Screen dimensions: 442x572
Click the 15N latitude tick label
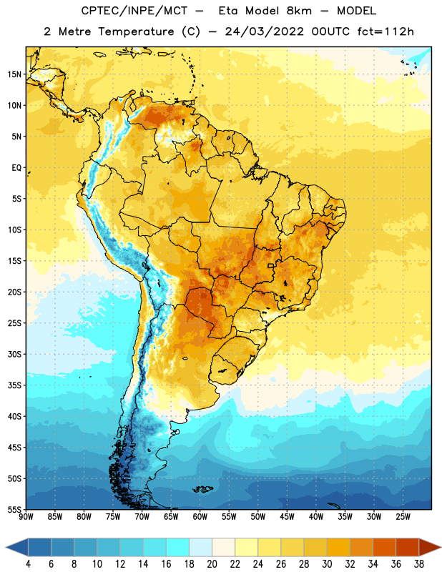pos(14,74)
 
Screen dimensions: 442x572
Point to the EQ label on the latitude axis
pos(16,168)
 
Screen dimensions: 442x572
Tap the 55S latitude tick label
pos(14,509)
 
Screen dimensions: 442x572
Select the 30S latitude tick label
pos(14,354)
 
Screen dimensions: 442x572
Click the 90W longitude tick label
pos(26,517)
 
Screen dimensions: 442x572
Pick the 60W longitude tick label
pos(200,517)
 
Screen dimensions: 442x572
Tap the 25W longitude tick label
pos(403,517)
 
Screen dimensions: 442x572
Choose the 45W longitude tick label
pos(288,517)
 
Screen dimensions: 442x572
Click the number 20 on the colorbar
pos(212,564)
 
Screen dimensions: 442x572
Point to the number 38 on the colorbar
pos(419,564)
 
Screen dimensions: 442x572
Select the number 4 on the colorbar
pos(28,564)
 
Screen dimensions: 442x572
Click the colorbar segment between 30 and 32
pos(338,547)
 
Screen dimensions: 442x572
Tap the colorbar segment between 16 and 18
pos(178,547)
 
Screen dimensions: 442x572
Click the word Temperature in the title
pos(136,31)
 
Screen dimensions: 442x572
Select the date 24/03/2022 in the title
pos(264,31)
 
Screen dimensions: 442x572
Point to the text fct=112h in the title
pos(385,31)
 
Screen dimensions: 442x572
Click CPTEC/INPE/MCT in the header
pos(134,11)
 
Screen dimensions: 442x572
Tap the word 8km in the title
pos(299,11)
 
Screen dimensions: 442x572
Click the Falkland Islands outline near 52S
pos(203,489)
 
